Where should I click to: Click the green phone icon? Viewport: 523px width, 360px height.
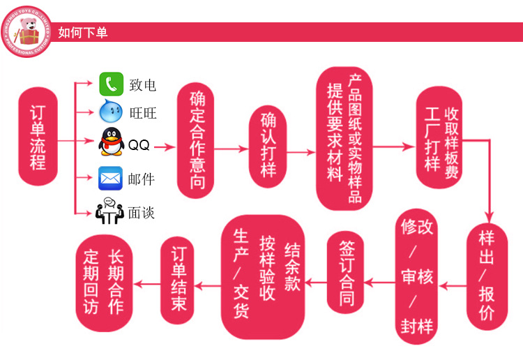110,84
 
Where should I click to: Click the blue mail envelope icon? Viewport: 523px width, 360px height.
110,178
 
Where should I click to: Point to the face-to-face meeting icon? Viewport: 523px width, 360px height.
109,211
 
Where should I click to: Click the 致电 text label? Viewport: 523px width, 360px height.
142,85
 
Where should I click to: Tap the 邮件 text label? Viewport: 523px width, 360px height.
142,179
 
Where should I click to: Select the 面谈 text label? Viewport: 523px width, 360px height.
142,212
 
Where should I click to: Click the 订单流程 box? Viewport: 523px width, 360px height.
38,137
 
